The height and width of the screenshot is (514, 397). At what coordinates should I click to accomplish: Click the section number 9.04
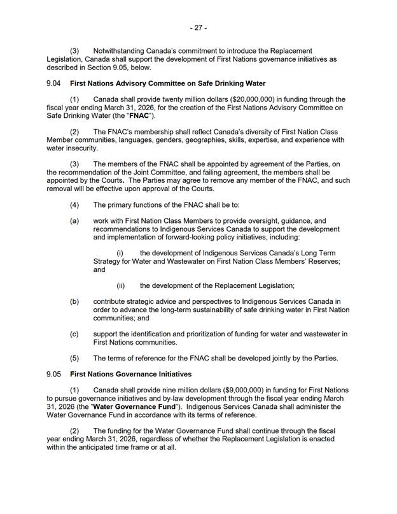54,83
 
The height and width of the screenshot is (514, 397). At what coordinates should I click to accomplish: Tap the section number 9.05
54,373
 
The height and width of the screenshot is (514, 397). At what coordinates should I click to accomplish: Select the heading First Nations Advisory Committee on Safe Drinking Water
167,83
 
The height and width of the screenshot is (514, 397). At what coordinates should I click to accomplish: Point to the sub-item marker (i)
120,253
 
